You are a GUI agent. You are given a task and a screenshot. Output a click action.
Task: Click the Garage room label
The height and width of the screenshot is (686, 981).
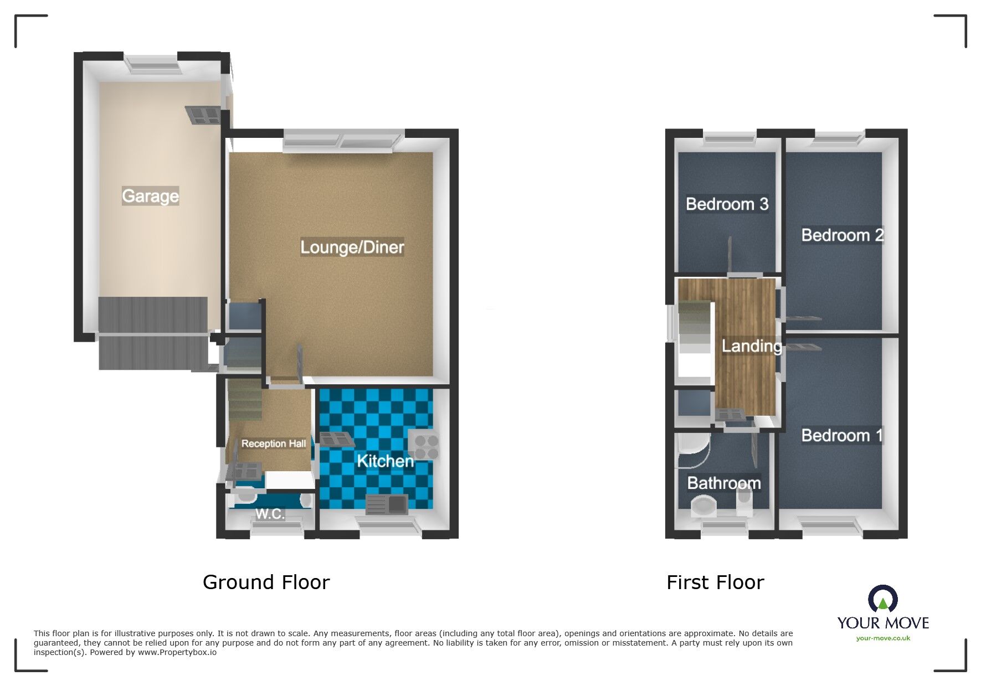point(150,196)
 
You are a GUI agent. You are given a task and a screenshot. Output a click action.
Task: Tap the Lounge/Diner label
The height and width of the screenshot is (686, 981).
point(352,247)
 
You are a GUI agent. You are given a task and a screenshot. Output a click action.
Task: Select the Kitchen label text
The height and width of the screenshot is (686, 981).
point(385,461)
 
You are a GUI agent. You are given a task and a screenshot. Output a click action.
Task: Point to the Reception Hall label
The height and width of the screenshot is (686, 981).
point(274,443)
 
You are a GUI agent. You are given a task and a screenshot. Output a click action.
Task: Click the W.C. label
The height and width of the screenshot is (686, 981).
point(270,514)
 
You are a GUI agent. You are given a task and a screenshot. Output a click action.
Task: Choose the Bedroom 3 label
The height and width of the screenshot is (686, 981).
point(727,204)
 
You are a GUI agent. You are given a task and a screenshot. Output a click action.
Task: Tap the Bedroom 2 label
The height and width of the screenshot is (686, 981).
point(842,235)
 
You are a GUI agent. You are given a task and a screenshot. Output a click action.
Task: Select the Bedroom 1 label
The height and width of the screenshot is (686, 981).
point(841,436)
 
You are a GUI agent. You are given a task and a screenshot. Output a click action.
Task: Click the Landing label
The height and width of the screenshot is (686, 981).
point(752,346)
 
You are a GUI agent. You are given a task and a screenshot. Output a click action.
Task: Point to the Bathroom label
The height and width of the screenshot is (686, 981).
point(723,483)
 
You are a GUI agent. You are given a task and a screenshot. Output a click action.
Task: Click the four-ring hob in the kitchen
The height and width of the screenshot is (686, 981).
point(424,445)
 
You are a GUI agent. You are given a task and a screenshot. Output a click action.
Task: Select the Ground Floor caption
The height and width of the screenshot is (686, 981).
point(266,582)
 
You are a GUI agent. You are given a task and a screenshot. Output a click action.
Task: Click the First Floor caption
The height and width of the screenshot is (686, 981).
point(715,582)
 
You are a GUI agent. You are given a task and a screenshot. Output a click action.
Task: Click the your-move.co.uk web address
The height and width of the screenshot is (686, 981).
point(883,638)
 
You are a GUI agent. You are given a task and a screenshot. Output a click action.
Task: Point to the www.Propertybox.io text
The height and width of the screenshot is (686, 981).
point(177,652)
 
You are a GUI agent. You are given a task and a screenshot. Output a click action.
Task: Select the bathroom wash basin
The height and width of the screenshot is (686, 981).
point(704,506)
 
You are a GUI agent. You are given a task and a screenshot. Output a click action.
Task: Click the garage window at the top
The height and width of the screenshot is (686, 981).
point(151,64)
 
